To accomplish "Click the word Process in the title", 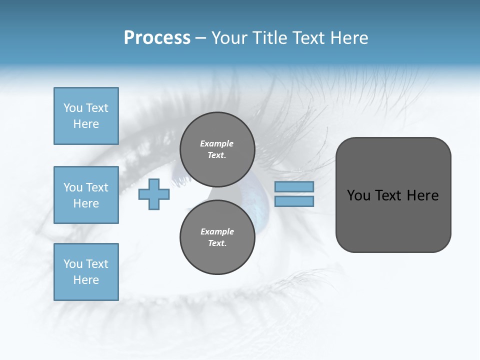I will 157,38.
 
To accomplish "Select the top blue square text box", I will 86,116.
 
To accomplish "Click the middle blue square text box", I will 86,195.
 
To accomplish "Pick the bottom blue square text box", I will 86,272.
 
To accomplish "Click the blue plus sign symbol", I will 154,194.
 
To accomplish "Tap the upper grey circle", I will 217,149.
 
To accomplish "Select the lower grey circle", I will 217,237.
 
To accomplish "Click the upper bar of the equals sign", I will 294,186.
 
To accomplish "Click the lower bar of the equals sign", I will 294,201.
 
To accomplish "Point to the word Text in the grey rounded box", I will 389,195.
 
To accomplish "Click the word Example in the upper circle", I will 216,143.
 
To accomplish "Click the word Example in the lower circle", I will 217,231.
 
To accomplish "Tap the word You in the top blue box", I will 73,108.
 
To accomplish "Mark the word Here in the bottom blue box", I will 86,280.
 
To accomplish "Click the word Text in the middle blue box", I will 96,187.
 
